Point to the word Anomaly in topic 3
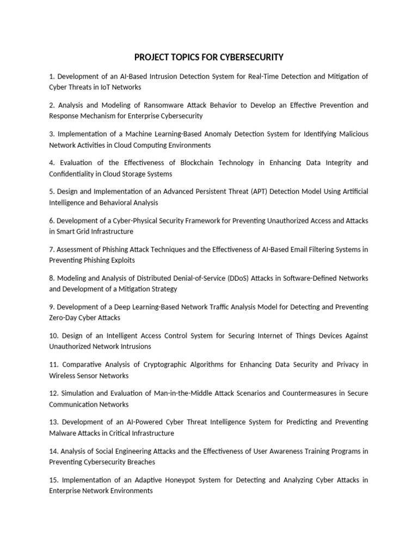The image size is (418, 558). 206,134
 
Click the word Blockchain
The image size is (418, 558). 211,163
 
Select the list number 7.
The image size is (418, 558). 51,250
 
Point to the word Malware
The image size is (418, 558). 63,433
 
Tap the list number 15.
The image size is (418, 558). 53,480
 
